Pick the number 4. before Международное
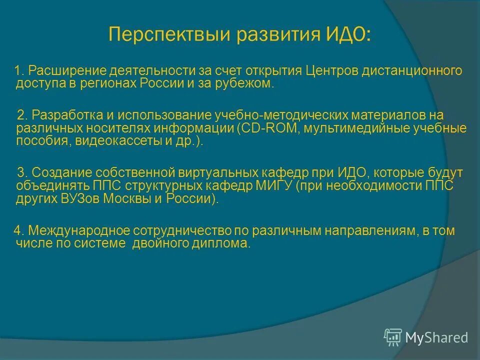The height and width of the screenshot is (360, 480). (x=19, y=230)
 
